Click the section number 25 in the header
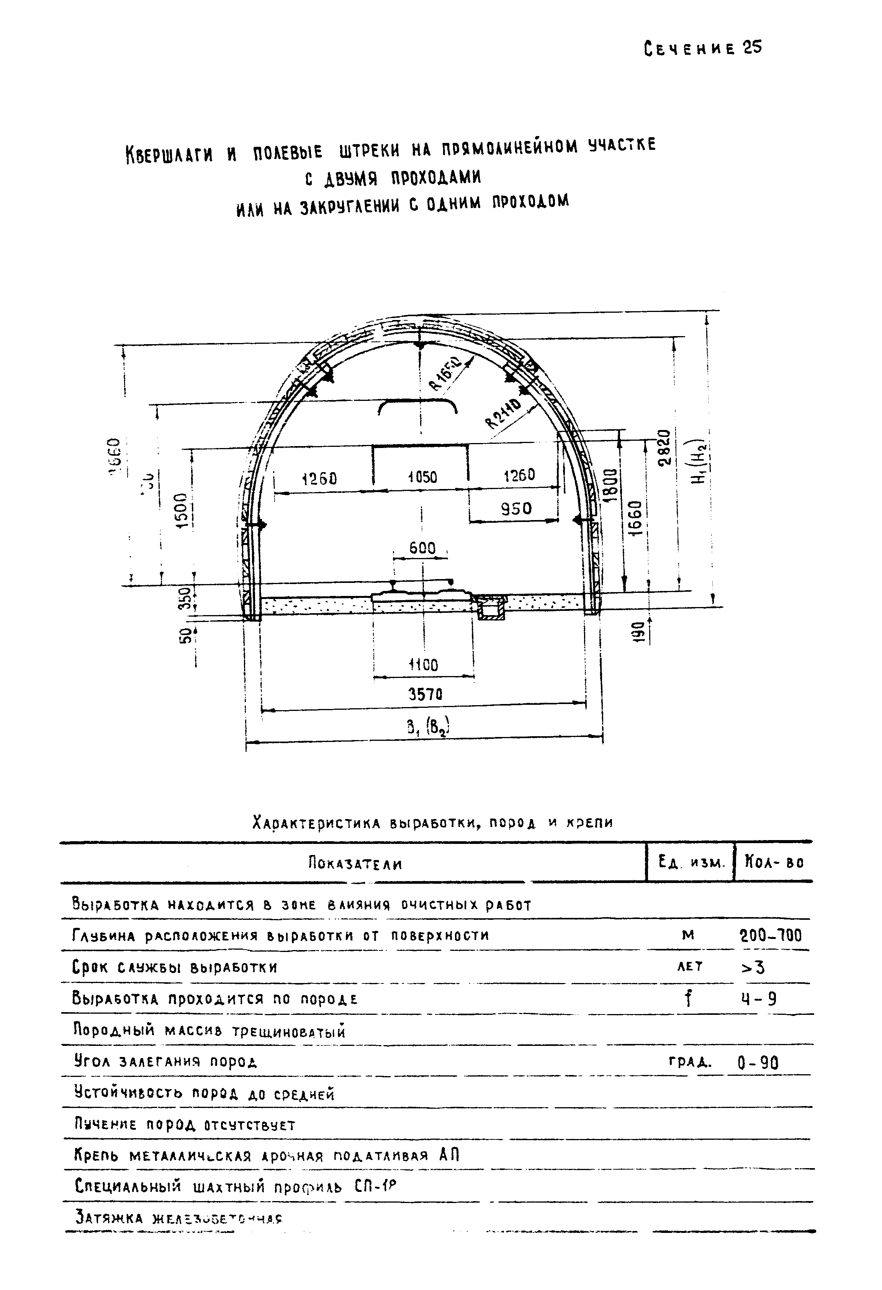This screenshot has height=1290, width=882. [753, 48]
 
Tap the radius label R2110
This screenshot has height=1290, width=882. [504, 414]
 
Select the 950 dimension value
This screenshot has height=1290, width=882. [516, 509]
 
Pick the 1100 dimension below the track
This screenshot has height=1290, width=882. [423, 665]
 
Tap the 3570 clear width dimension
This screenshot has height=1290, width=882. [425, 694]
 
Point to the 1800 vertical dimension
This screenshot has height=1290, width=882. [610, 485]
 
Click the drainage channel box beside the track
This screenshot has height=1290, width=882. [490, 607]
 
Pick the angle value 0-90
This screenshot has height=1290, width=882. [758, 1062]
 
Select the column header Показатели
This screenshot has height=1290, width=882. [355, 864]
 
